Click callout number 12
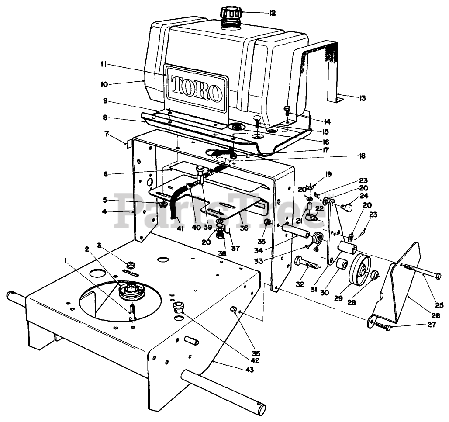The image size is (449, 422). pos(273,13)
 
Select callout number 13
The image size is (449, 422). pos(362,98)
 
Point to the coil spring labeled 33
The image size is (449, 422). pos(317,239)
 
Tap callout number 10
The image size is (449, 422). pos(104,83)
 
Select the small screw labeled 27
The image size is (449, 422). pos(381,326)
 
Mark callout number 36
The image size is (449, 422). pos(244,228)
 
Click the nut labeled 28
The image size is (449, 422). pos(374,275)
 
